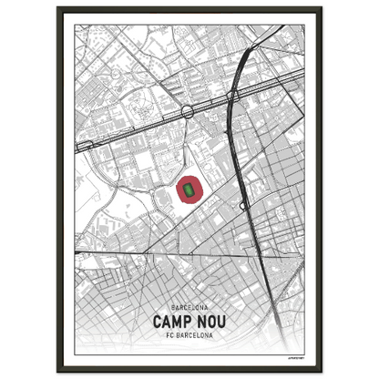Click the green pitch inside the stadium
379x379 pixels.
[189, 190]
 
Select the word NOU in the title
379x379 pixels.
[210, 322]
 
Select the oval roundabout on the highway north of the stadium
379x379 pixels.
[188, 111]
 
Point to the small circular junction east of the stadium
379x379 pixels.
[243, 206]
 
